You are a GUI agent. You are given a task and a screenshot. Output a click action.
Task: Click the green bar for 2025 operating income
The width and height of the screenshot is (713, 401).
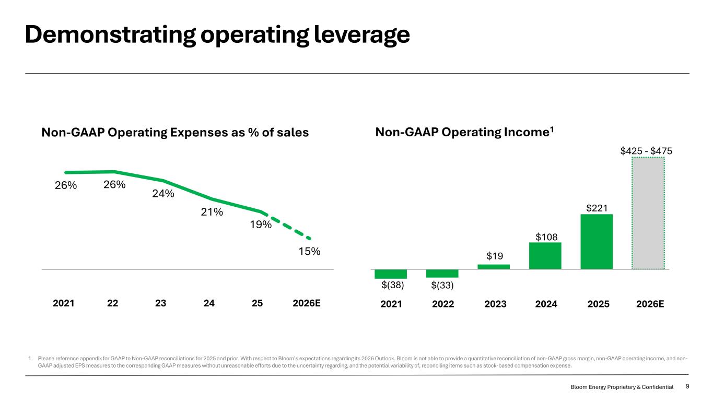pos(596,241)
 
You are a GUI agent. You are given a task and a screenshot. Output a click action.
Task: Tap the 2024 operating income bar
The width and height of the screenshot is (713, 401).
pos(545,255)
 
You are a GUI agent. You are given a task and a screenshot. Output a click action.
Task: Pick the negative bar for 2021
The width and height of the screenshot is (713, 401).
pos(391,274)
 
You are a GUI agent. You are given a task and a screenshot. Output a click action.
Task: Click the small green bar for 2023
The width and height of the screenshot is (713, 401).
pos(494,267)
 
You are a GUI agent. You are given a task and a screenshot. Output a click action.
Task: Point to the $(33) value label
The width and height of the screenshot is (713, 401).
pos(442,286)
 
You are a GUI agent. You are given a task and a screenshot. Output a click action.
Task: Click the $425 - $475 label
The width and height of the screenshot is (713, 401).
pos(646,151)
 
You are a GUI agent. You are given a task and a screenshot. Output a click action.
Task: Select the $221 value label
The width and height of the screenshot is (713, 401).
pos(596,208)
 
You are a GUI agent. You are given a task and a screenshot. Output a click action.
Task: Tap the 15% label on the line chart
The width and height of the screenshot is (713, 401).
pos(309,251)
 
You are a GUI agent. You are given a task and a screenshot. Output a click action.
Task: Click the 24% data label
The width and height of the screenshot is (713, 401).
pos(163,194)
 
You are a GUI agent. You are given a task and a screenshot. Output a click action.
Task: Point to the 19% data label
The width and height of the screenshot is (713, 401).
pos(260,225)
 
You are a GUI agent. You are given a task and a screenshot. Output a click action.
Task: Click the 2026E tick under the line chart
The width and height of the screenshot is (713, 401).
pos(306,303)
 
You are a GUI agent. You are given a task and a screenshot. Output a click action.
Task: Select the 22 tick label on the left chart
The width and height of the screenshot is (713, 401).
pos(112,303)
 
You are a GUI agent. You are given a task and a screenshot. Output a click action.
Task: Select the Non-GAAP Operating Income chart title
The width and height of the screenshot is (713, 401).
pos(464,133)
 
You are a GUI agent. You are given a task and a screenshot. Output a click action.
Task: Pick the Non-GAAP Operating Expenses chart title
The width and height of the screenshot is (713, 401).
pos(175,133)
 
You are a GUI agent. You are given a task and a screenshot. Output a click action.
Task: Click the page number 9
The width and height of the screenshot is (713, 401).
pos(687,386)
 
